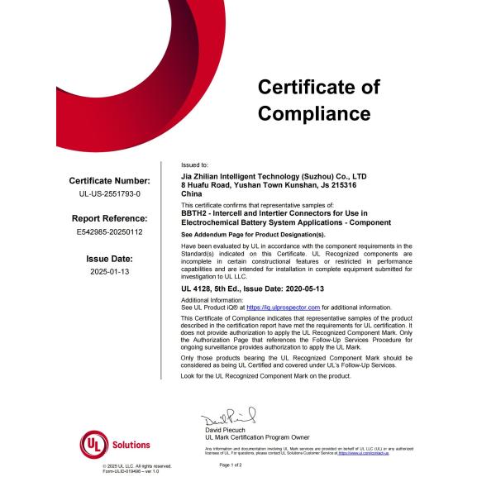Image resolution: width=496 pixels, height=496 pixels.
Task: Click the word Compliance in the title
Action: tap(314, 113)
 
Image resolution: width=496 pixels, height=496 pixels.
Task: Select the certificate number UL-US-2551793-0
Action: tap(109, 193)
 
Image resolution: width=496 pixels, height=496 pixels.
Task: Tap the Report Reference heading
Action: tap(109, 218)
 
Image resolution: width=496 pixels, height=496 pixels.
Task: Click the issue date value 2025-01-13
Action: tap(109, 271)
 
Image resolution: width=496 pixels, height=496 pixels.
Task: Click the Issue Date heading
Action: tap(109, 258)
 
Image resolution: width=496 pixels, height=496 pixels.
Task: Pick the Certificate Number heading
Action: tap(109, 180)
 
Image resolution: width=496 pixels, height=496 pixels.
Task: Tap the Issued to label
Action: tap(195, 165)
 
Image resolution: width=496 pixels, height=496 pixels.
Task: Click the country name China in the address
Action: tap(191, 193)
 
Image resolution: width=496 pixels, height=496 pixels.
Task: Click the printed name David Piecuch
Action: tap(228, 429)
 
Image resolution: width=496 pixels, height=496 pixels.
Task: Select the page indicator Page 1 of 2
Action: tap(236, 465)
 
